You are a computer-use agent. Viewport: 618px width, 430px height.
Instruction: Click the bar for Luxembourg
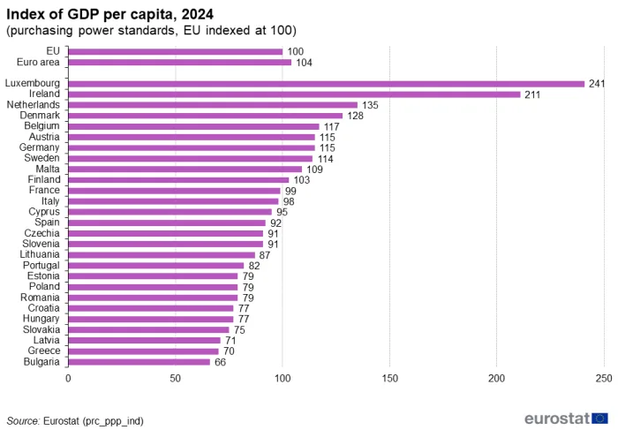(x=327, y=84)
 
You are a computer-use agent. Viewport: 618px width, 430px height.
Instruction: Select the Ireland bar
(x=294, y=94)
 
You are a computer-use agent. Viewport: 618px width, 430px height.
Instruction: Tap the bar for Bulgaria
(x=139, y=362)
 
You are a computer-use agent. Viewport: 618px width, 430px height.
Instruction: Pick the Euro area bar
(x=180, y=63)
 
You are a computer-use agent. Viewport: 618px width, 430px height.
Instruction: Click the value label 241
(x=597, y=84)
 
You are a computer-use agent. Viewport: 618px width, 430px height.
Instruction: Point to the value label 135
(x=370, y=105)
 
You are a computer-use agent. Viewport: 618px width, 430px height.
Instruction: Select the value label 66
(x=221, y=362)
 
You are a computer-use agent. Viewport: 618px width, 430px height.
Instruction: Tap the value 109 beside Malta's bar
(x=314, y=170)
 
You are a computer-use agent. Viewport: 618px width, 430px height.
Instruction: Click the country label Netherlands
(x=34, y=105)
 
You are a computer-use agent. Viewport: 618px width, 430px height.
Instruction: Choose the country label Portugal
(x=41, y=265)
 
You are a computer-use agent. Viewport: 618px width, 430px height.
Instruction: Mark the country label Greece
(x=44, y=351)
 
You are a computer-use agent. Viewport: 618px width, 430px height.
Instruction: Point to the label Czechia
(x=41, y=233)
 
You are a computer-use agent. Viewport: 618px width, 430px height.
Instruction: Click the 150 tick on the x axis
(x=390, y=379)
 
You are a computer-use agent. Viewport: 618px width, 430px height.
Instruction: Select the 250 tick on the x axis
(x=604, y=379)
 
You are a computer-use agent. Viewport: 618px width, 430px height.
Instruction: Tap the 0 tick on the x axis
(x=68, y=379)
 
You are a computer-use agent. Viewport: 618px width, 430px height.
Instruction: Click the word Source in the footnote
(x=23, y=421)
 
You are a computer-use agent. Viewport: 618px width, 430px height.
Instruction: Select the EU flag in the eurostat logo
(x=599, y=419)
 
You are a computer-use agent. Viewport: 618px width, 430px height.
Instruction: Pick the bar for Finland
(x=178, y=180)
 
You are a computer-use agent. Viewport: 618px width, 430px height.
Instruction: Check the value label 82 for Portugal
(x=254, y=266)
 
